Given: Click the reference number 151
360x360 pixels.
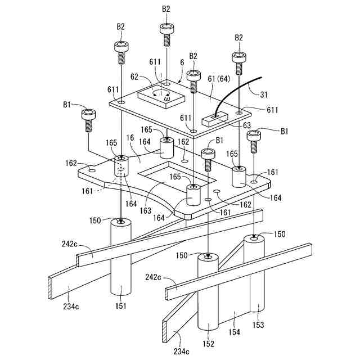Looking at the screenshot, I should (122, 307).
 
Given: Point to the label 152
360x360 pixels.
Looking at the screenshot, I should (209, 344).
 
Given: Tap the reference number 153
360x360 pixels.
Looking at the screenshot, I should (258, 325).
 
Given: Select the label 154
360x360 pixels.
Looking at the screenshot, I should (234, 332).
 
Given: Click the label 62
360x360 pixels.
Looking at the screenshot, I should (134, 76).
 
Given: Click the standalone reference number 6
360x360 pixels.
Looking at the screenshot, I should (181, 64).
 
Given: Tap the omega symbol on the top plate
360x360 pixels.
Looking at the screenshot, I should (166, 99).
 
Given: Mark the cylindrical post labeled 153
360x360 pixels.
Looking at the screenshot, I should (254, 276).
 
